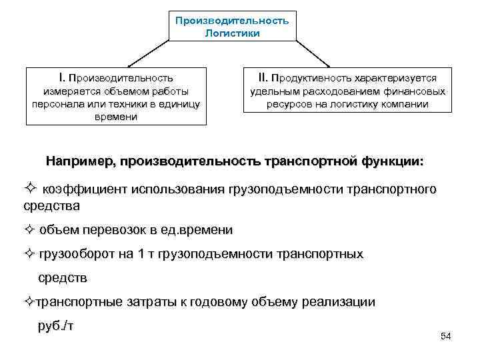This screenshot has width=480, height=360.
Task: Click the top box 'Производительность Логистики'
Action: [232, 26]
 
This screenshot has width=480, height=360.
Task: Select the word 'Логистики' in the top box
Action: [232, 32]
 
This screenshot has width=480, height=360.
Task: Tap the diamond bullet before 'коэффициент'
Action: [30, 189]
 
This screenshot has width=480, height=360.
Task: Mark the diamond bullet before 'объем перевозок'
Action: [29, 231]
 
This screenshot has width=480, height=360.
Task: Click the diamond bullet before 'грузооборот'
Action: [29, 253]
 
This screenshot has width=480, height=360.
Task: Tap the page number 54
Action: [446, 337]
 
